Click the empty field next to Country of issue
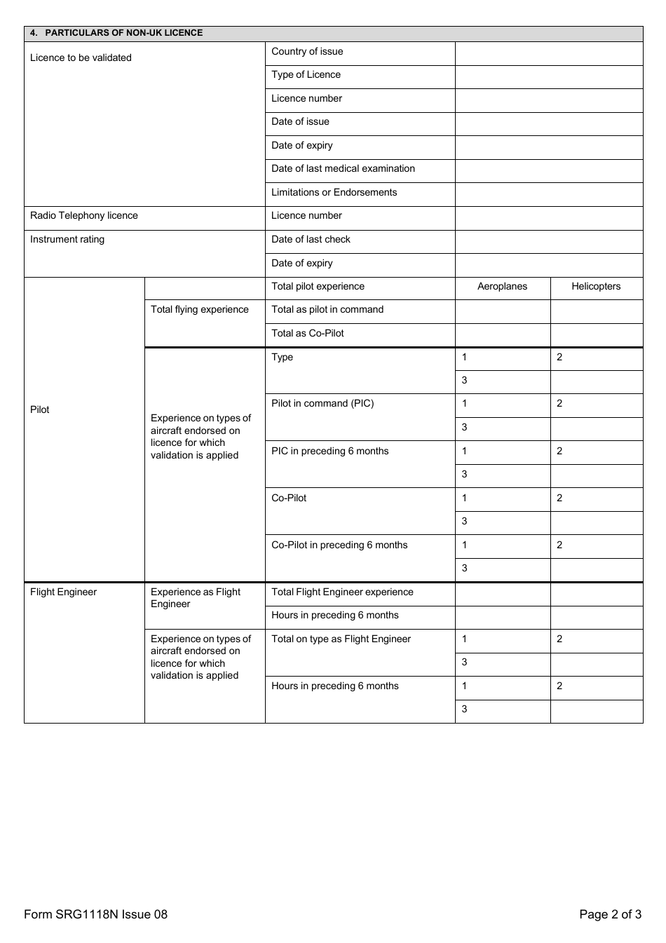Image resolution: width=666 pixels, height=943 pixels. pyautogui.click(x=548, y=53)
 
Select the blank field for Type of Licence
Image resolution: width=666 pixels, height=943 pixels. pyautogui.click(x=548, y=76)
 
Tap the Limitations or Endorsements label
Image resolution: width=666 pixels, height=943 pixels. pyautogui.click(x=334, y=193)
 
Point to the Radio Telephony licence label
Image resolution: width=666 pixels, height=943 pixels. pyautogui.click(x=84, y=216)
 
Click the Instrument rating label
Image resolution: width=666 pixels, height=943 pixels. pyautogui.click(x=67, y=240)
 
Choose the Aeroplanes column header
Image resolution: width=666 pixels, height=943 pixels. pyautogui.click(x=502, y=287)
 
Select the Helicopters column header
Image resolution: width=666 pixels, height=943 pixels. pyautogui.click(x=596, y=287)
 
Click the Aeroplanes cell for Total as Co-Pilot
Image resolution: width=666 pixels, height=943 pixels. pyautogui.click(x=502, y=334)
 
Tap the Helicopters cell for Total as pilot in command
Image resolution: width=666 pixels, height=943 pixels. pyautogui.click(x=596, y=311)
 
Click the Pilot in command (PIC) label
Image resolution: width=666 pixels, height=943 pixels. pyautogui.click(x=322, y=404)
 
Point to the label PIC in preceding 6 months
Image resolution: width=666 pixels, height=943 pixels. pyautogui.click(x=329, y=452)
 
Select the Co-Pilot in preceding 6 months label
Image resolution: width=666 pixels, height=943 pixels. pyautogui.click(x=339, y=545)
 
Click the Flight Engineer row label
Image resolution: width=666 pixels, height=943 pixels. pyautogui.click(x=63, y=592)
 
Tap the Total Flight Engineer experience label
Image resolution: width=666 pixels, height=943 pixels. pyautogui.click(x=342, y=592)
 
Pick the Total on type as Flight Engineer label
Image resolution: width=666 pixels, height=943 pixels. pyautogui.click(x=341, y=639)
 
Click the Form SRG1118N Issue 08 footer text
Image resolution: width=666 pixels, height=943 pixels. pyautogui.click(x=95, y=914)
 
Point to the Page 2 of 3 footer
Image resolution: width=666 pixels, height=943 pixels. pyautogui.click(x=610, y=914)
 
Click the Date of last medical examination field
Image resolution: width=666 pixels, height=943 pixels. pyautogui.click(x=548, y=170)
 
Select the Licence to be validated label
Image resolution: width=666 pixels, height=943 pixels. pyautogui.click(x=81, y=58)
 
